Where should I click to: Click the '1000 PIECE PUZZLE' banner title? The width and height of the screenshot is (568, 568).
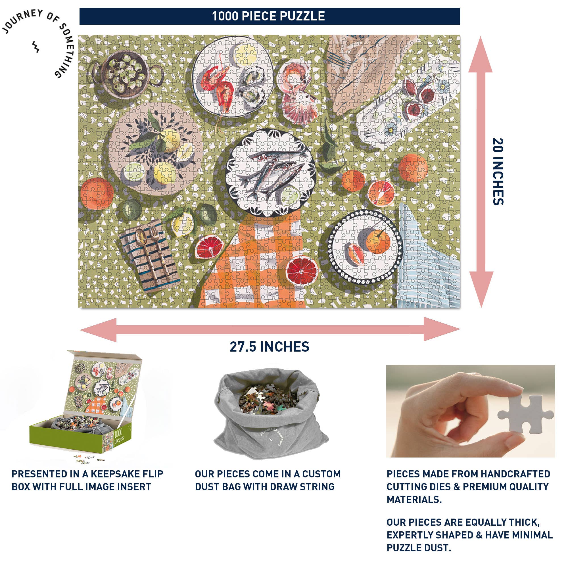(268, 16)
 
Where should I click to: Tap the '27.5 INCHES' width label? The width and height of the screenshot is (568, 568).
(269, 347)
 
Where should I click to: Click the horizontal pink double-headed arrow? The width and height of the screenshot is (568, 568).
(270, 329)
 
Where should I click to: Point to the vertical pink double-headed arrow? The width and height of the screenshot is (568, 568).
(481, 172)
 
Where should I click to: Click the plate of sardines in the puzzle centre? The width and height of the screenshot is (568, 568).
(271, 173)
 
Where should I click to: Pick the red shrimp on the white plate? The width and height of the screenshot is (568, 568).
(219, 84)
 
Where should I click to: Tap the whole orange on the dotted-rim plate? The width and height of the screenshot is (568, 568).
(377, 242)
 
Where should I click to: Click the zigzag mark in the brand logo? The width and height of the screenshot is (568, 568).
(35, 47)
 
